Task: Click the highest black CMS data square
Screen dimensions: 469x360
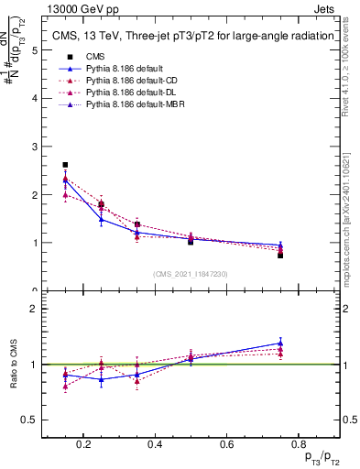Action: coord(65,165)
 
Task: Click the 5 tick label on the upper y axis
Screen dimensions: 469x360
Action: coord(36,50)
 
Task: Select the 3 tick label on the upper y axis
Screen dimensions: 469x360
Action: coord(36,147)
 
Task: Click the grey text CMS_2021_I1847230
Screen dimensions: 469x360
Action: coord(191,274)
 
